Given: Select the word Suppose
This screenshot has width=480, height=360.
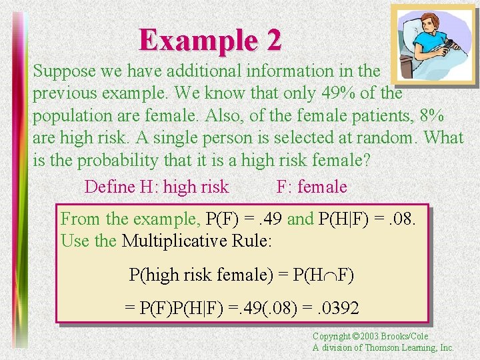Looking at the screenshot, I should [64, 71].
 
